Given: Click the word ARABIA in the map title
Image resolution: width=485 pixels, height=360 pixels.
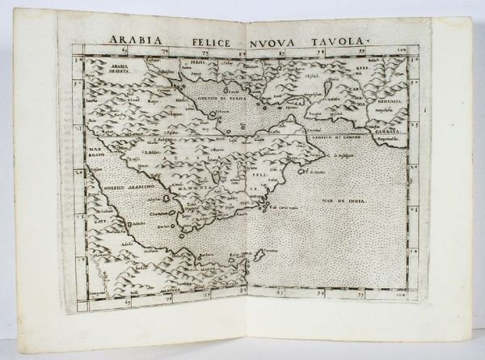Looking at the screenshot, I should pos(136,38).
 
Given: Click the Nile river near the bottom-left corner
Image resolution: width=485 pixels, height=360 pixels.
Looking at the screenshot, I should pos(99,267).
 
